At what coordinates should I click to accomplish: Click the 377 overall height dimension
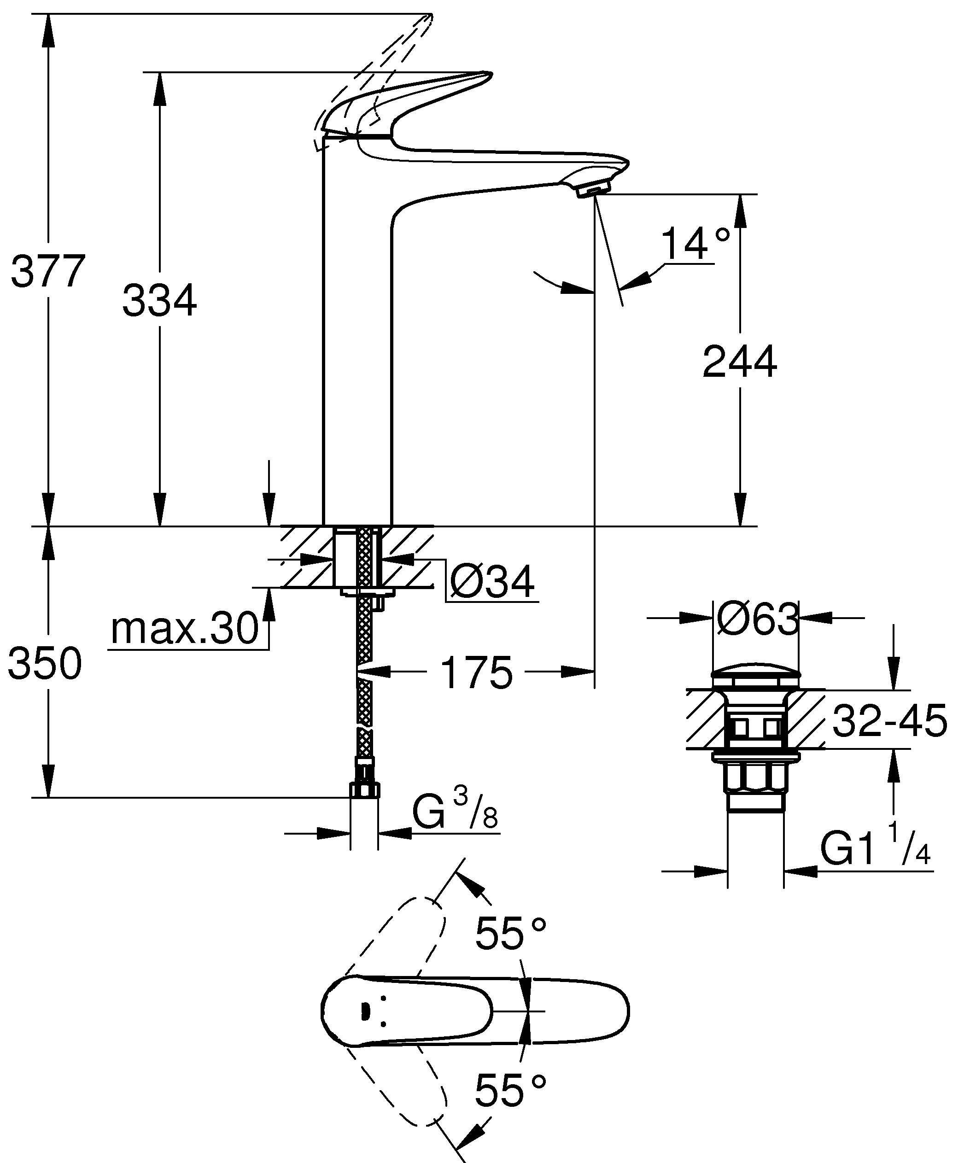pyautogui.click(x=49, y=271)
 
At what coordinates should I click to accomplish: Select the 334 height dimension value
pyautogui.click(x=159, y=301)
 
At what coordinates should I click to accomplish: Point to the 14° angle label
pyautogui.click(x=695, y=243)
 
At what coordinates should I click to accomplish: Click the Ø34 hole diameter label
pyautogui.click(x=491, y=581)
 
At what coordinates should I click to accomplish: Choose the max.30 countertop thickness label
pyautogui.click(x=185, y=629)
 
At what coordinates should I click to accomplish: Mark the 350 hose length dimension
pyautogui.click(x=46, y=663)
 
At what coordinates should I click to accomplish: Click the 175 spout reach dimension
pyautogui.click(x=477, y=673)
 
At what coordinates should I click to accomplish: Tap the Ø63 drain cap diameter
pyautogui.click(x=757, y=619)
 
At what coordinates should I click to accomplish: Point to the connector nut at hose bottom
pyautogui.click(x=364, y=789)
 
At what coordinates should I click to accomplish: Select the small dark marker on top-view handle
pyautogui.click(x=364, y=1012)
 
